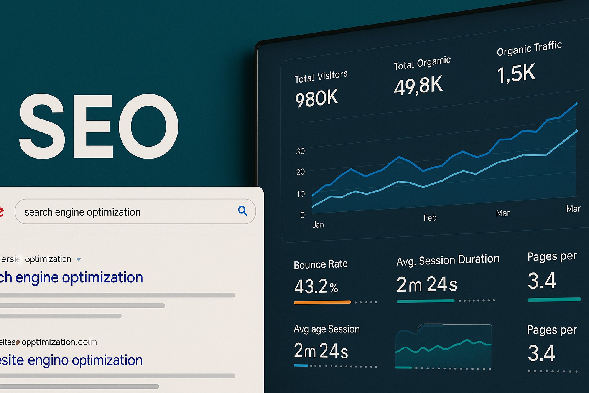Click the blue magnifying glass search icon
tap(242, 210)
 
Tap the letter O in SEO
tap(148, 126)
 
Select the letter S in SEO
tap(41, 126)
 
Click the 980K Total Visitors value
tap(317, 99)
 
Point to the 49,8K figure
tap(418, 85)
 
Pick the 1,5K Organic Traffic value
tap(516, 73)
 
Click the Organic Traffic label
tap(529, 49)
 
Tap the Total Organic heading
tap(422, 63)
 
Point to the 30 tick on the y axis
tap(301, 151)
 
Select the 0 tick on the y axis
tap(303, 215)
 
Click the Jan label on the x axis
tap(318, 225)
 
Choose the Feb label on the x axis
tap(430, 218)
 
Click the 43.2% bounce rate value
tap(316, 286)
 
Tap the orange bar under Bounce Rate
tap(322, 302)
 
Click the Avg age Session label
tap(327, 329)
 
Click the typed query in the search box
tap(82, 212)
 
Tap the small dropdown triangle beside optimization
tap(79, 259)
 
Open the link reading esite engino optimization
tap(71, 360)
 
